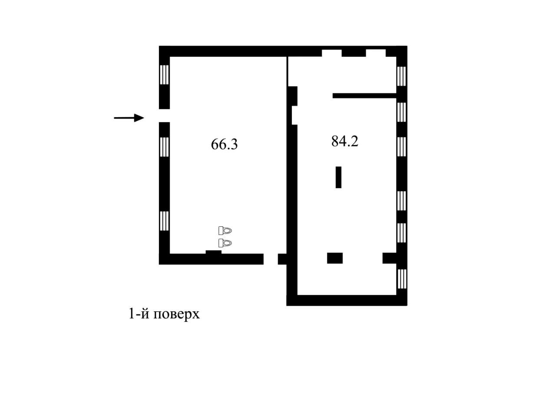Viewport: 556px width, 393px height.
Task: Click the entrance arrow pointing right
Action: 129,118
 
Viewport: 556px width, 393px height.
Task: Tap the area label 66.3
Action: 224,144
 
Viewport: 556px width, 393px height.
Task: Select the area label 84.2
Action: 344,141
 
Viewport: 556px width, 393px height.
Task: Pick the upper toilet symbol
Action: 225,231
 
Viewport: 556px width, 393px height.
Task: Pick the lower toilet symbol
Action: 225,242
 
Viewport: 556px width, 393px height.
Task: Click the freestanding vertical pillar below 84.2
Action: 338,177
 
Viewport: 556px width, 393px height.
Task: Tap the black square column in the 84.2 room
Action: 335,258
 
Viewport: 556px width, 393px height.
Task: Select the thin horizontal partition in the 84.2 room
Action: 364,96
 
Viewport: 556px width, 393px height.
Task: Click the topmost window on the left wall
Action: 164,75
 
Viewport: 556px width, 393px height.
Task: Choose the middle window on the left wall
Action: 164,146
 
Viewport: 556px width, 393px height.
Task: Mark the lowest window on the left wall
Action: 164,221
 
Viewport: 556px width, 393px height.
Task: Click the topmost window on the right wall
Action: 402,76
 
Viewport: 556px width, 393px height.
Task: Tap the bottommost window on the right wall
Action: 402,278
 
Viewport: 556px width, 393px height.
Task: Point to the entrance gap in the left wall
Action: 164,116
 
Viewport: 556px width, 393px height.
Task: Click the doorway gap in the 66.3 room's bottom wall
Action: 271,259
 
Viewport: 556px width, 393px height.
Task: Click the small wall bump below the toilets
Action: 213,252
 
